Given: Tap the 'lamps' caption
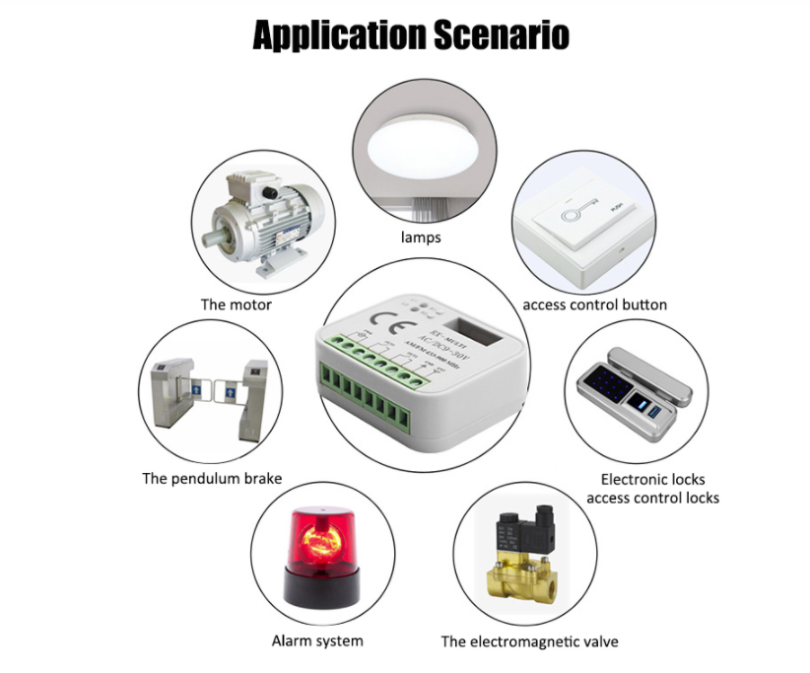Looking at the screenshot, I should [x=421, y=237].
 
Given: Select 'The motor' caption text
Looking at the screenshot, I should [x=236, y=304].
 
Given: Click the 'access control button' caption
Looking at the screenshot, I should [x=594, y=304].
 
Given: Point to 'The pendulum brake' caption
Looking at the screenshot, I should [x=212, y=479].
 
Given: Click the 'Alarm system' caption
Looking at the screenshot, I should [x=317, y=641].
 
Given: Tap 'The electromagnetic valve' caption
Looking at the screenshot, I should [x=529, y=641].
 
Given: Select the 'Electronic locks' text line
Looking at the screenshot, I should [x=652, y=479].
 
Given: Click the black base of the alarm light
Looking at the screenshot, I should [x=317, y=588].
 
